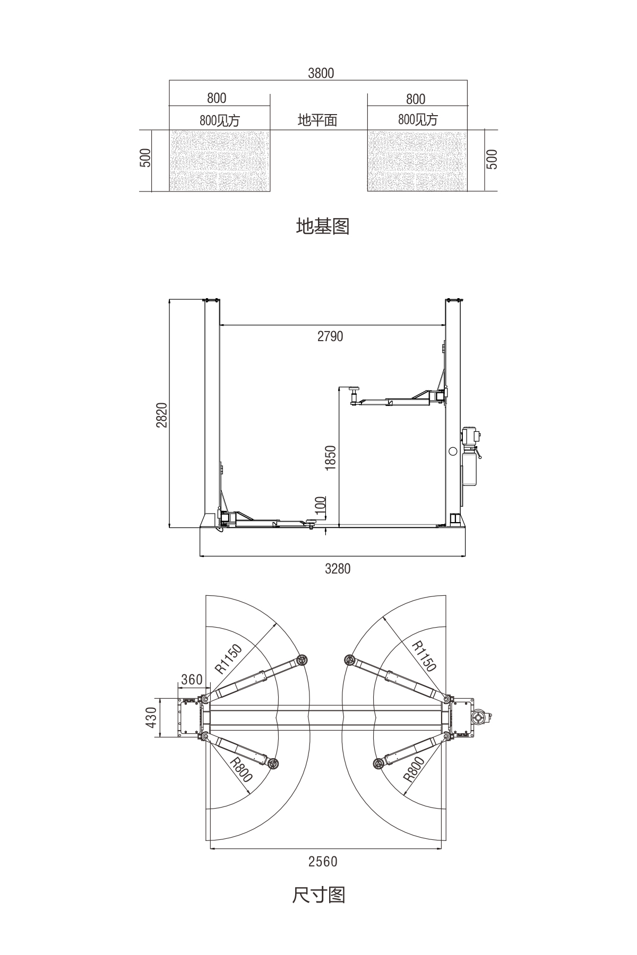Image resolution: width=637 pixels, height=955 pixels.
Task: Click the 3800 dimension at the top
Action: [x=321, y=73]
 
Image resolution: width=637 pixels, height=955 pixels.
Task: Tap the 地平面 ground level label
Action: [x=317, y=120]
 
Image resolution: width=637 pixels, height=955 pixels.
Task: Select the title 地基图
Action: [x=322, y=227]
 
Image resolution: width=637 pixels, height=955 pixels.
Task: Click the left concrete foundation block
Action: [x=219, y=161]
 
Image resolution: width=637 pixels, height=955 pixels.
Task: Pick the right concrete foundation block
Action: [x=417, y=161]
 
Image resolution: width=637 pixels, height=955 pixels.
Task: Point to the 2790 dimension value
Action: [x=330, y=336]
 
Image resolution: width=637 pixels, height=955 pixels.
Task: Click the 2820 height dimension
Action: [x=162, y=415]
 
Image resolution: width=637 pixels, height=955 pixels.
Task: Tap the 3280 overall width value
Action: [x=338, y=569]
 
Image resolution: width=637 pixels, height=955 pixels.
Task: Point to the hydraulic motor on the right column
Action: [x=470, y=436]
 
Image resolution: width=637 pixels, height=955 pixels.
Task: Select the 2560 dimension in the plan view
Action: [x=323, y=862]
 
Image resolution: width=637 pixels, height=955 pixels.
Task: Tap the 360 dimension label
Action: [x=192, y=680]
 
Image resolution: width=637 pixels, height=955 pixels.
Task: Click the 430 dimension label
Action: [x=152, y=717]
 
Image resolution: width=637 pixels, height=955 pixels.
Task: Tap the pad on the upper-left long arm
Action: [x=303, y=661]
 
